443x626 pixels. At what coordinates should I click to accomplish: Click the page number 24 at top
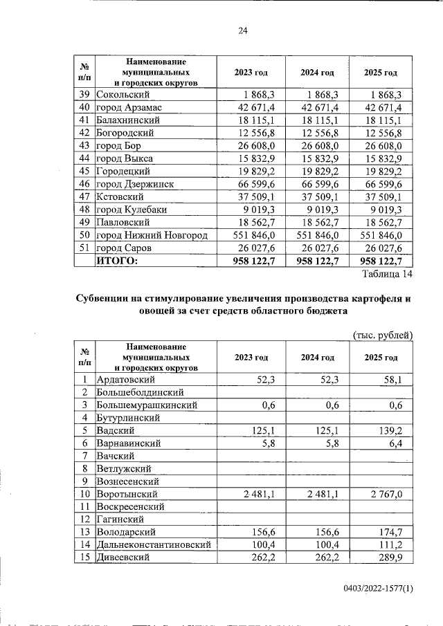[x=243, y=30]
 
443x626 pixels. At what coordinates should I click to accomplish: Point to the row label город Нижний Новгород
[x=152, y=235]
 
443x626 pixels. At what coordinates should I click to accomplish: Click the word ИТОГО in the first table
[x=118, y=261]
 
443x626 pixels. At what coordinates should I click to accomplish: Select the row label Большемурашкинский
[x=147, y=405]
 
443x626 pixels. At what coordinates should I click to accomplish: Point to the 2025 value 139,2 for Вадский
[x=397, y=430]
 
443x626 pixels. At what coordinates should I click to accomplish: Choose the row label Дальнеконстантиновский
[x=154, y=545]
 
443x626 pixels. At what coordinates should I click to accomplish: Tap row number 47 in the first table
[x=84, y=196]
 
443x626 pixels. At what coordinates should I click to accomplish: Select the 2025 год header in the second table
[x=381, y=358]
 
